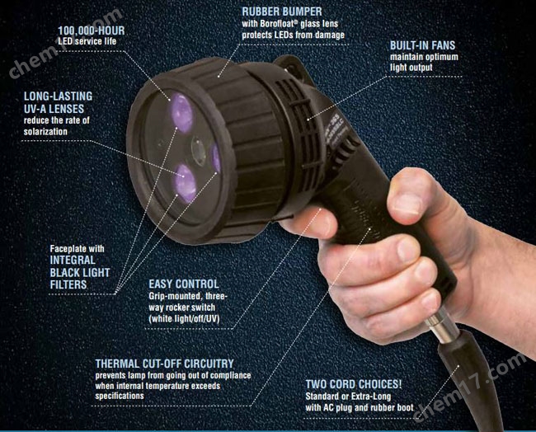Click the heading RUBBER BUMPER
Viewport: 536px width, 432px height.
pos(282,12)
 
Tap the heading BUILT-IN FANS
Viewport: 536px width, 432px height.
pos(422,45)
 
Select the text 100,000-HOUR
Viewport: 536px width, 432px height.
pos(92,31)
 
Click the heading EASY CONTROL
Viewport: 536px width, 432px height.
pos(184,284)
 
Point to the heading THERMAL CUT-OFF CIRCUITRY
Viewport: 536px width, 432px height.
pos(164,364)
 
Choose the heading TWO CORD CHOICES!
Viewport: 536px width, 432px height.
pos(354,384)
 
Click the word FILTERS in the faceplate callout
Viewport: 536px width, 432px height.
pos(68,284)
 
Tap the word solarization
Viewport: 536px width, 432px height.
pos(45,132)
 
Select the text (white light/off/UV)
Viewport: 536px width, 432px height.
pos(184,318)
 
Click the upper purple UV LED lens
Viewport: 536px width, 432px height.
pos(182,113)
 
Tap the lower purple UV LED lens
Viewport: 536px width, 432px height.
pos(186,183)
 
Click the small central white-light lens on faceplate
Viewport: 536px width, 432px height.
pos(198,150)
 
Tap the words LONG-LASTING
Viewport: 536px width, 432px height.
pos(58,96)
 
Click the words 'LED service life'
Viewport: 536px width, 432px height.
pos(87,42)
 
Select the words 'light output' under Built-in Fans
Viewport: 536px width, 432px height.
pos(411,68)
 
